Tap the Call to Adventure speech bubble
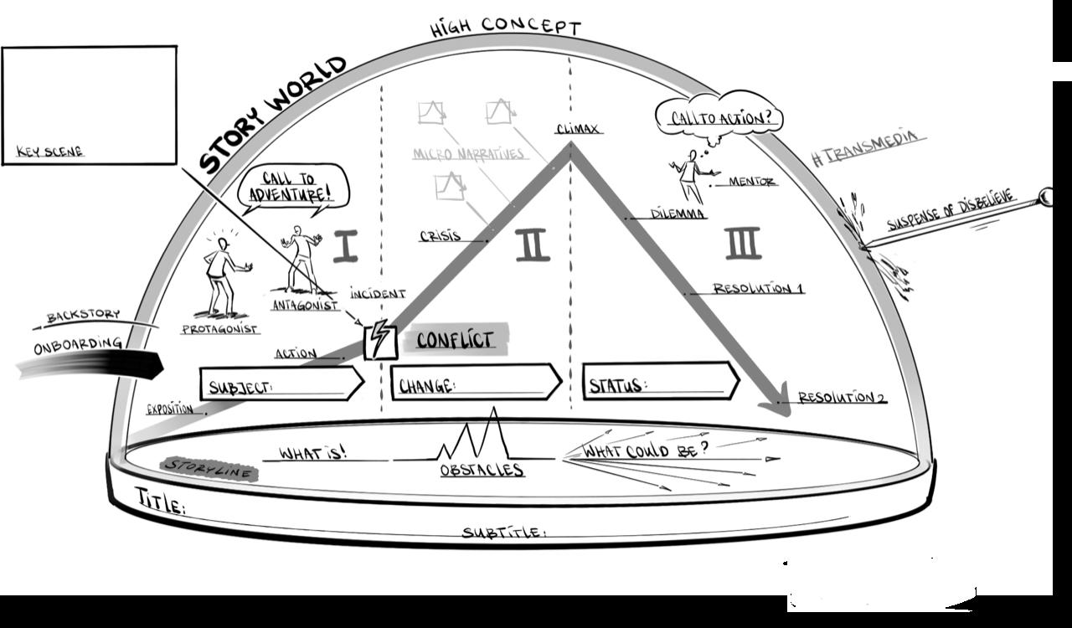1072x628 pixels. (x=292, y=188)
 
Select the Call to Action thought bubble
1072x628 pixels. (x=719, y=116)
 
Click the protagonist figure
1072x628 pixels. (x=222, y=276)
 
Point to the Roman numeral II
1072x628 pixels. (x=532, y=245)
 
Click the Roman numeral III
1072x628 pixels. (x=743, y=243)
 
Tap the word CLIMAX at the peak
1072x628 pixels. (x=579, y=129)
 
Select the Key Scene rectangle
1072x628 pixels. (x=90, y=105)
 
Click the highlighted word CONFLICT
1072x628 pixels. (x=455, y=339)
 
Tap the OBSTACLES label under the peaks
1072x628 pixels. (x=482, y=470)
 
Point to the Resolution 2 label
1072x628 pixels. (x=841, y=398)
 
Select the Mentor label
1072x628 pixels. (x=751, y=181)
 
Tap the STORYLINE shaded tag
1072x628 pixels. (x=209, y=469)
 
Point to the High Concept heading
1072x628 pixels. (x=505, y=27)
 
